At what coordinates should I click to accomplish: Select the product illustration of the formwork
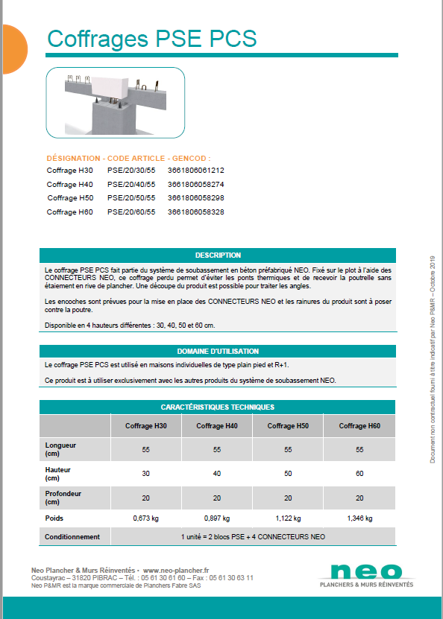[x=116, y=102]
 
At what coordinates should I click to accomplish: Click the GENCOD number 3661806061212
[x=196, y=170]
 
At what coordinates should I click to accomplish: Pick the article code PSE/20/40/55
[x=131, y=184]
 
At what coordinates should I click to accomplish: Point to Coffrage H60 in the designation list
[x=70, y=212]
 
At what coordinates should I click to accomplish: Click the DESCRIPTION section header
[x=218, y=255]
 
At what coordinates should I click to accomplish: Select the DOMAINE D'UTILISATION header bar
[x=218, y=351]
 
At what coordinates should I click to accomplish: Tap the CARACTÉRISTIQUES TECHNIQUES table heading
[x=218, y=407]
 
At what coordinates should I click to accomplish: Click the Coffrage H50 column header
[x=289, y=426]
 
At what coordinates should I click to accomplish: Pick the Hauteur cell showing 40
[x=217, y=474]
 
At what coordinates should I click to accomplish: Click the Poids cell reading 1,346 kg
[x=359, y=518]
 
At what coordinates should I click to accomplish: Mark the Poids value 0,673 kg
[x=145, y=518]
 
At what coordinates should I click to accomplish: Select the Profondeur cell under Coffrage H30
[x=145, y=498]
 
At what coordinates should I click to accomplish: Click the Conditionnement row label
[x=72, y=536]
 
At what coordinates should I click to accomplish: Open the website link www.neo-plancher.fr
[x=176, y=569]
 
